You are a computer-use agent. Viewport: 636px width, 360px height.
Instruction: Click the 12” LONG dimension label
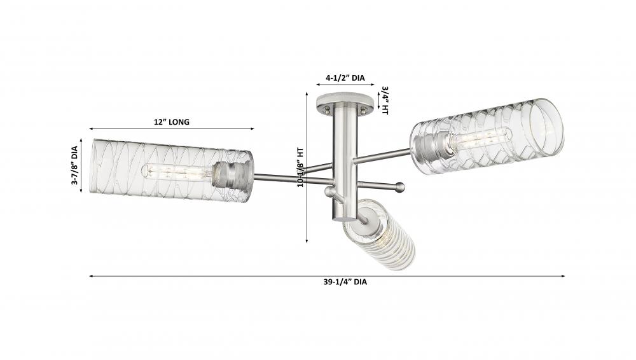(172, 121)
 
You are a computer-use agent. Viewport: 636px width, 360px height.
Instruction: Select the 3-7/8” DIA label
(74, 165)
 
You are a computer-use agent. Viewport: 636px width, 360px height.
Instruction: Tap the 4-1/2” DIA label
(345, 78)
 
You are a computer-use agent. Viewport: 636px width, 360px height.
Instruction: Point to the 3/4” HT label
(385, 100)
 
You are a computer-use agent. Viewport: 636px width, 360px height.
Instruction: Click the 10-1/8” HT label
(301, 167)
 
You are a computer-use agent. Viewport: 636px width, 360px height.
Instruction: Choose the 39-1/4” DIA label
(345, 282)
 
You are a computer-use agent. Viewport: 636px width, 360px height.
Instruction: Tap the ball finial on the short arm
(400, 187)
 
